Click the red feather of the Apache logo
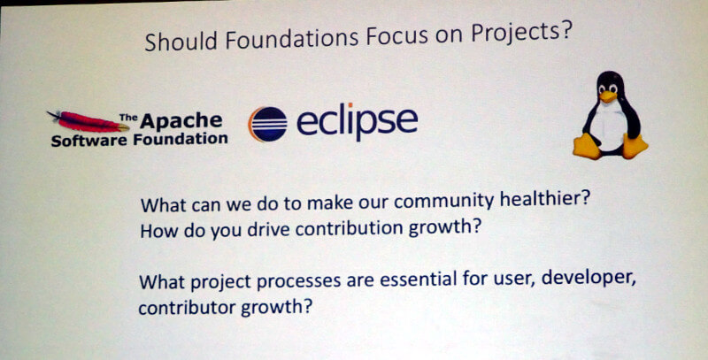point(87,121)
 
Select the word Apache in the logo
point(181,121)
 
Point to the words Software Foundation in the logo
point(139,140)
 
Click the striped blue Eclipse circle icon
point(268,124)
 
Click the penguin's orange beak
point(608,96)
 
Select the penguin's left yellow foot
point(587,146)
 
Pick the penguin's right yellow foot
point(635,146)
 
